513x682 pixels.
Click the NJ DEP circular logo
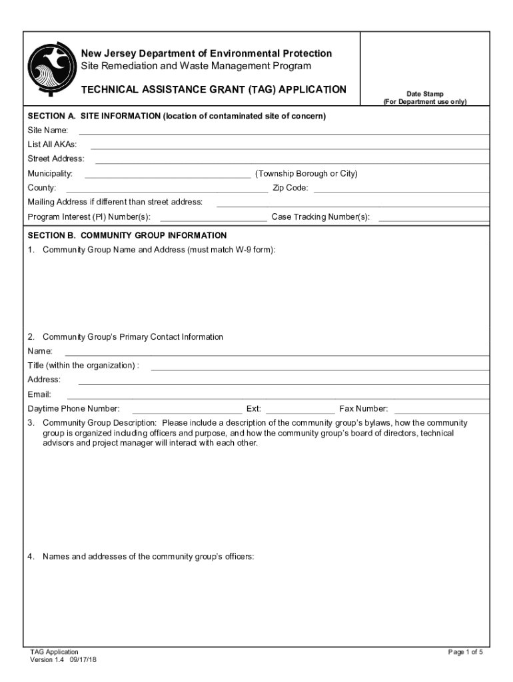(x=50, y=71)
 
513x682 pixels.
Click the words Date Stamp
(x=425, y=94)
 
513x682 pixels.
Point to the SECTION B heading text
(x=127, y=236)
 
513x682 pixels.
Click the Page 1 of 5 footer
(x=465, y=652)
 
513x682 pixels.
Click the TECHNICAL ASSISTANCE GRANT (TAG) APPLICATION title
(x=213, y=89)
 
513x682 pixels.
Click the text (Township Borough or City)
(x=306, y=174)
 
